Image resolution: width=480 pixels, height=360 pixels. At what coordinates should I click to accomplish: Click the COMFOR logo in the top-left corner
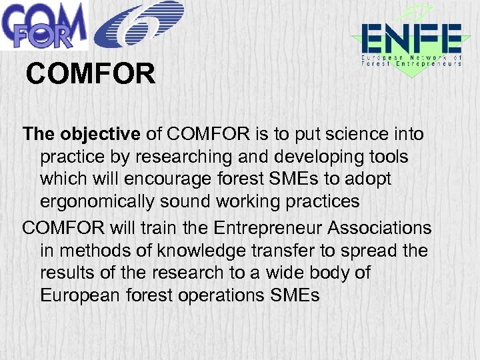43,25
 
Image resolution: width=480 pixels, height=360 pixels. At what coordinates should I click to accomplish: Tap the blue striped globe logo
139,25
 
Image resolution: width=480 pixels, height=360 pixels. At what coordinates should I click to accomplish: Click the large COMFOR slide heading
91,75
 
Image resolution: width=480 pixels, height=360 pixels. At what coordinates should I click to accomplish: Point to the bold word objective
101,134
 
